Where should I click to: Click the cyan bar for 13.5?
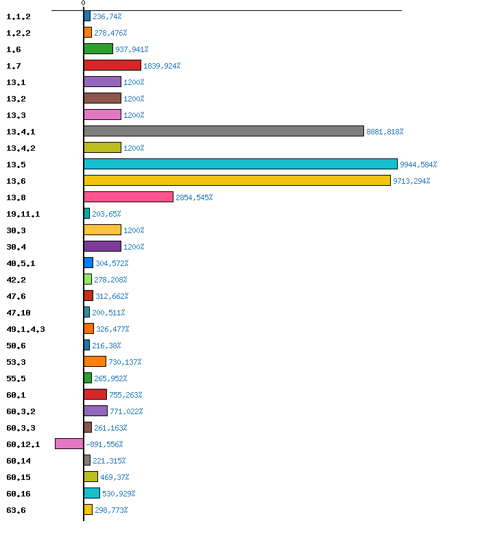point(240,164)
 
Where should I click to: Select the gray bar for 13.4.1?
point(224,131)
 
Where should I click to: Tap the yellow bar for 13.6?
point(237,180)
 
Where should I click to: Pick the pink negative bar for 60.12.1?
point(69,444)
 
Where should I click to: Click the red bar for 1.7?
point(112,65)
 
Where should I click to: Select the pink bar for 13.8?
point(128,197)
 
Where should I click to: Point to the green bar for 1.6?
point(98,49)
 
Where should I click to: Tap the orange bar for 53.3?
point(95,361)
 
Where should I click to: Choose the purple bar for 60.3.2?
point(95,411)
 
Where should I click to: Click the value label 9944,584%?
point(418,165)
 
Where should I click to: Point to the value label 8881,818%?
point(385,132)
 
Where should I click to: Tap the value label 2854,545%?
point(194,197)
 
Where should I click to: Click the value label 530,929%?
point(119,494)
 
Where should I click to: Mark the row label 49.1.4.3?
point(25,329)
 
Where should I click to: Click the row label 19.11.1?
point(23,214)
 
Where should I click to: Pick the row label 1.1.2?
point(18,16)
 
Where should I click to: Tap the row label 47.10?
point(20,313)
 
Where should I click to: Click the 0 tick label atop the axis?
point(84,3)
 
